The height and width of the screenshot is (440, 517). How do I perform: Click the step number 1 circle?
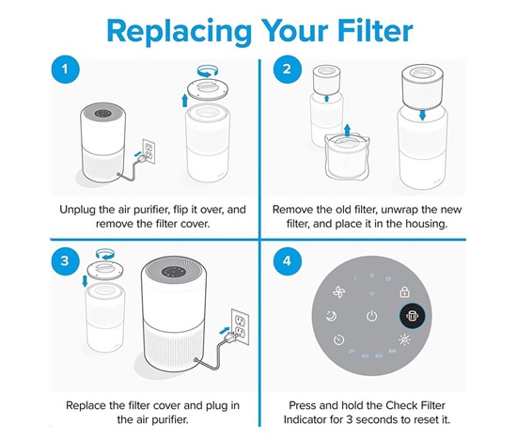[x=65, y=70]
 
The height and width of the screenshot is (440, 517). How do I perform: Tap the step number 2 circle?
[x=288, y=70]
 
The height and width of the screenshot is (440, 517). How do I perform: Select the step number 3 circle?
[x=65, y=260]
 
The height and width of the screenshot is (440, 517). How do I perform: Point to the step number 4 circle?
[x=288, y=260]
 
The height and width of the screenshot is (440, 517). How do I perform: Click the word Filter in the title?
[x=375, y=30]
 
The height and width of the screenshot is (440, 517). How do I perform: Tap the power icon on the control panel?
[x=371, y=316]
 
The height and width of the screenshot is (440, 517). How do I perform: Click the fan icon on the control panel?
[x=339, y=291]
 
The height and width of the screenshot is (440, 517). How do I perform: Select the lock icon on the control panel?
[x=404, y=291]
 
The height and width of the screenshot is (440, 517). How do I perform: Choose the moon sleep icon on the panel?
[x=331, y=316]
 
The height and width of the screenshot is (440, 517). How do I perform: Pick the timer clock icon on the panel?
[x=338, y=339]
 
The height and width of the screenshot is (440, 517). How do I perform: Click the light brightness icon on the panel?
[x=404, y=339]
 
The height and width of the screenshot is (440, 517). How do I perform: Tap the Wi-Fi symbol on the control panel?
[x=371, y=293]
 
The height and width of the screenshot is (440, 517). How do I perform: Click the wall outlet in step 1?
[x=149, y=151]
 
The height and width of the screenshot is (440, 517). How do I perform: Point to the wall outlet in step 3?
[x=240, y=326]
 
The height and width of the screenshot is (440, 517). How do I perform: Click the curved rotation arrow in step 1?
[x=208, y=71]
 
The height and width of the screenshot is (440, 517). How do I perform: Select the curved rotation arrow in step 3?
[x=105, y=255]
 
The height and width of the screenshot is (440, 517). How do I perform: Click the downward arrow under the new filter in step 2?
[x=422, y=115]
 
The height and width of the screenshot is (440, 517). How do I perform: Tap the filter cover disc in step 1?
[x=208, y=89]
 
